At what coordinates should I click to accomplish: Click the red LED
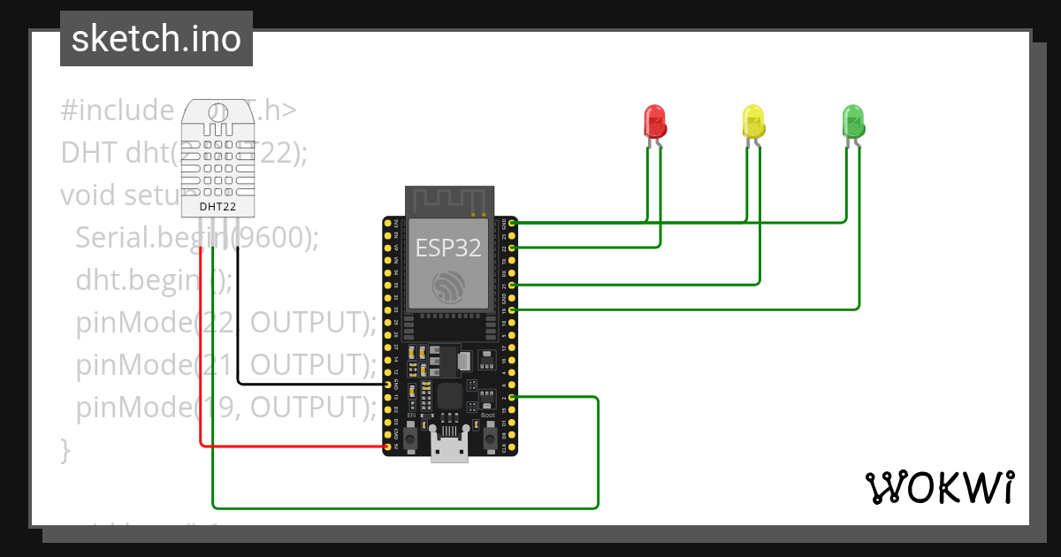(x=654, y=121)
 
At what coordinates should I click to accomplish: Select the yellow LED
(x=752, y=121)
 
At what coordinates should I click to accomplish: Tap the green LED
(x=852, y=121)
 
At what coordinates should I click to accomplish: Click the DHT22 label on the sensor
(x=218, y=206)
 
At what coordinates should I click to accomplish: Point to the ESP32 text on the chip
(x=448, y=248)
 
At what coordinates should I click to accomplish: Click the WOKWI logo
(x=938, y=487)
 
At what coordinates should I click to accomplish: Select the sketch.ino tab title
(x=156, y=39)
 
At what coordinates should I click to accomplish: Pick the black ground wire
(x=239, y=336)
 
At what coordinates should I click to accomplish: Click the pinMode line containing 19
(x=225, y=408)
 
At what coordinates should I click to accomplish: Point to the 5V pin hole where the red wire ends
(x=388, y=447)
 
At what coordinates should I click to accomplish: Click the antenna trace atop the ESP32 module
(x=447, y=200)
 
